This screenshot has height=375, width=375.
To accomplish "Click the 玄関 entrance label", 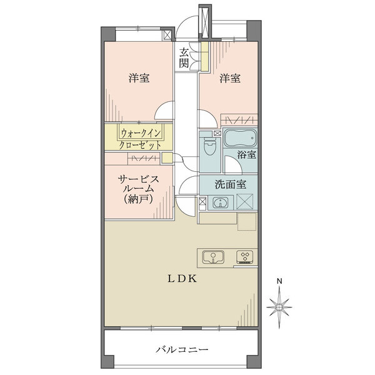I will (x=184, y=57).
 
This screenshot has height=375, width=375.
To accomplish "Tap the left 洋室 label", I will (x=139, y=78).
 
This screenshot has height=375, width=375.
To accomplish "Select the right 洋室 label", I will (x=230, y=78).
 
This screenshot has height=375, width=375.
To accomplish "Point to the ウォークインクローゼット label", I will (x=141, y=137).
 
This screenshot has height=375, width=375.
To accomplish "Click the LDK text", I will (x=182, y=279).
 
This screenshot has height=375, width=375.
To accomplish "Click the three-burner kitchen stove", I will (x=246, y=256).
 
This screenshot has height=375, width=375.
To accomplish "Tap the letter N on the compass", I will (x=281, y=281).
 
